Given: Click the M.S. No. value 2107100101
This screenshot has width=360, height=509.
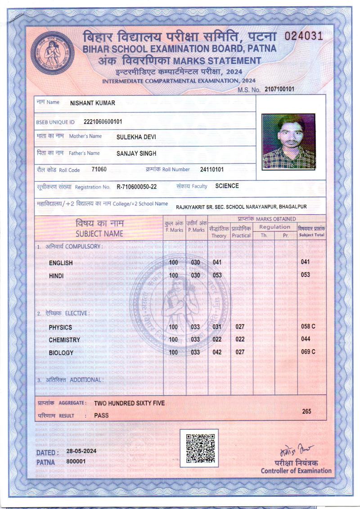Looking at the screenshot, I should pos(279,89).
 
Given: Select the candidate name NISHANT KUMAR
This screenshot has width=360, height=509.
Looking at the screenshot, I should pos(93,103).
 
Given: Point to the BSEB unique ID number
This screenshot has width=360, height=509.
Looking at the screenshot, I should pos(103,122).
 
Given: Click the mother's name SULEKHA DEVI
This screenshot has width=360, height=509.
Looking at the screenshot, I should pos(136,137).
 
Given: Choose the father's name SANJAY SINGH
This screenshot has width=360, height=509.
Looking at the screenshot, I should pos(136,153).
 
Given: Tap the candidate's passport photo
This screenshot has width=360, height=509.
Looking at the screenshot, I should pos(288,141).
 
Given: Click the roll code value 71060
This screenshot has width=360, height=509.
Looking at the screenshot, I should pos(99,170).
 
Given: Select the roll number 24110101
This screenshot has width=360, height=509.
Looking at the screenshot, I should pos(211,170).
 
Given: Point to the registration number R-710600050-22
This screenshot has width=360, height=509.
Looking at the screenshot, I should pos(137,186).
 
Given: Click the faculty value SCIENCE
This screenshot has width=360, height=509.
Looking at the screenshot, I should pos(227,186).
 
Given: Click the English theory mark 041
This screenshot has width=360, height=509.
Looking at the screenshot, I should pos(217,262).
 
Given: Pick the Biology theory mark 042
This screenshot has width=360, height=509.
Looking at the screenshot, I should pos(217,352).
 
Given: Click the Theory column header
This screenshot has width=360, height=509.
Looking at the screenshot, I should pos(219,236).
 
